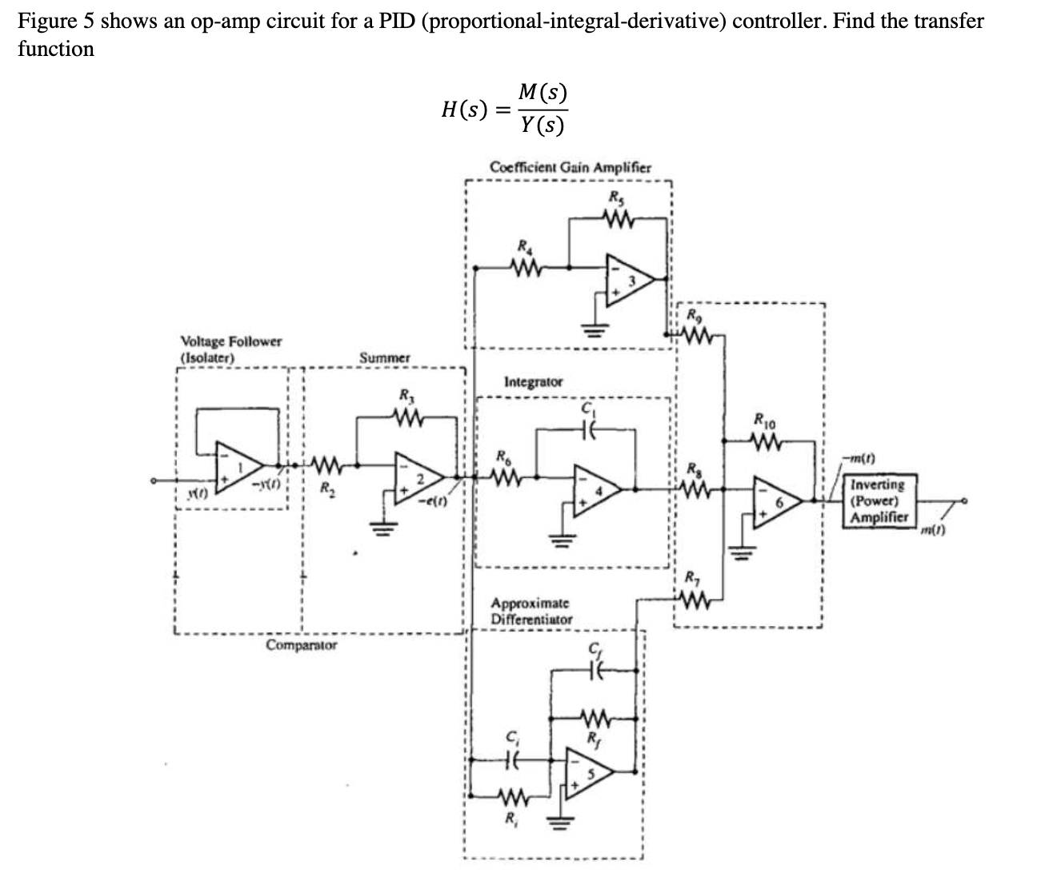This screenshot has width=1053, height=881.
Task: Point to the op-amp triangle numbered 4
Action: [x=594, y=485]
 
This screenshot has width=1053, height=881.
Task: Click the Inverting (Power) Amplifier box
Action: [x=878, y=500]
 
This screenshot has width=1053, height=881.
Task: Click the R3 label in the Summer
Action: [x=406, y=394]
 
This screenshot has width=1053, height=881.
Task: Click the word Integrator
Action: [x=533, y=382]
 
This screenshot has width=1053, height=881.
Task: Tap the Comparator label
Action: [x=301, y=644]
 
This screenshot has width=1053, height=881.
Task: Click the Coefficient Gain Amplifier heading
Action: [x=570, y=168]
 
